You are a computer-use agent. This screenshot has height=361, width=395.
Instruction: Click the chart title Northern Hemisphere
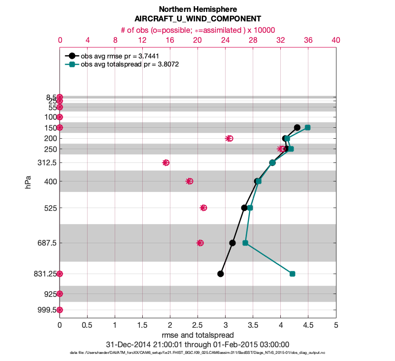point(197,9)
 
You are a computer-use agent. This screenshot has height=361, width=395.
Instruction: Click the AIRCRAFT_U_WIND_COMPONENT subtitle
point(197,19)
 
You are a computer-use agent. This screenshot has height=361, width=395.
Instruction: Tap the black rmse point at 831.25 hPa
point(220,274)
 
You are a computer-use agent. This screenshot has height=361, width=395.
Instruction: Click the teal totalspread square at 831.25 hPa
point(292,274)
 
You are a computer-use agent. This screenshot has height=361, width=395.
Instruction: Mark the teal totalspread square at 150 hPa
point(307,127)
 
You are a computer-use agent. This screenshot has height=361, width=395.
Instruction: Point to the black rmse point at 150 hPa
point(297,127)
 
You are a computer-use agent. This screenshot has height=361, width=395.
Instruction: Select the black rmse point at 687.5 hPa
point(232,243)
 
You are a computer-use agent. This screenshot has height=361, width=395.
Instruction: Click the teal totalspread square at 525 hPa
point(250,208)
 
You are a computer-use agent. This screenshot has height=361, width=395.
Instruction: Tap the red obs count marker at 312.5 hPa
point(166,162)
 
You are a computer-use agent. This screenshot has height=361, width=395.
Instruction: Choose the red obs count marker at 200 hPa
point(229,138)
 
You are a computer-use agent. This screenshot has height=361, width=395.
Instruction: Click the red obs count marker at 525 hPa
point(204,208)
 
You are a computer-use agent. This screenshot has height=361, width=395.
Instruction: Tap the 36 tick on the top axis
point(308,40)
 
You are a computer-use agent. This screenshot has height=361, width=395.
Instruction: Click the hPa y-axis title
point(28,181)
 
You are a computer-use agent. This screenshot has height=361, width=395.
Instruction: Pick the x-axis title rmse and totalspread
point(197,335)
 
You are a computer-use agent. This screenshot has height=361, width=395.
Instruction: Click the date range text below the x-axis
point(197,344)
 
